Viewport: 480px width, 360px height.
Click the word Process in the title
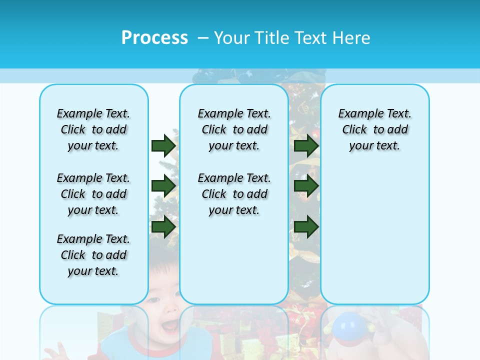coord(154,38)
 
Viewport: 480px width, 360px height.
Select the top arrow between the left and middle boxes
coord(163,145)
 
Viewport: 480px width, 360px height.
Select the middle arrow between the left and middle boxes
coord(163,186)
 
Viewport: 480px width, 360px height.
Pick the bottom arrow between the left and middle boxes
coord(163,226)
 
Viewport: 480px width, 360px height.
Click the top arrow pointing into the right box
coord(306,145)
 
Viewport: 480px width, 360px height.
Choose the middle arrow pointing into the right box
coord(306,186)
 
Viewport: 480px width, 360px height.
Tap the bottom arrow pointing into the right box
coord(306,226)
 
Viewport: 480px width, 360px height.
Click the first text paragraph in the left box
coord(93,129)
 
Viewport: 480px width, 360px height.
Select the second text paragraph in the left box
coord(93,194)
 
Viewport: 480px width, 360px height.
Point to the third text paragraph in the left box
coord(93,255)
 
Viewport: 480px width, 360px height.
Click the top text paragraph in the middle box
coord(234,129)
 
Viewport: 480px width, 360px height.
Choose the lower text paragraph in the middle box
coord(234,194)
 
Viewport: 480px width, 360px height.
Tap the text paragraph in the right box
coord(375,129)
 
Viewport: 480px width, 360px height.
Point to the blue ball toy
coord(349,326)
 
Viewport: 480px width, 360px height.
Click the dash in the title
coord(203,38)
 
